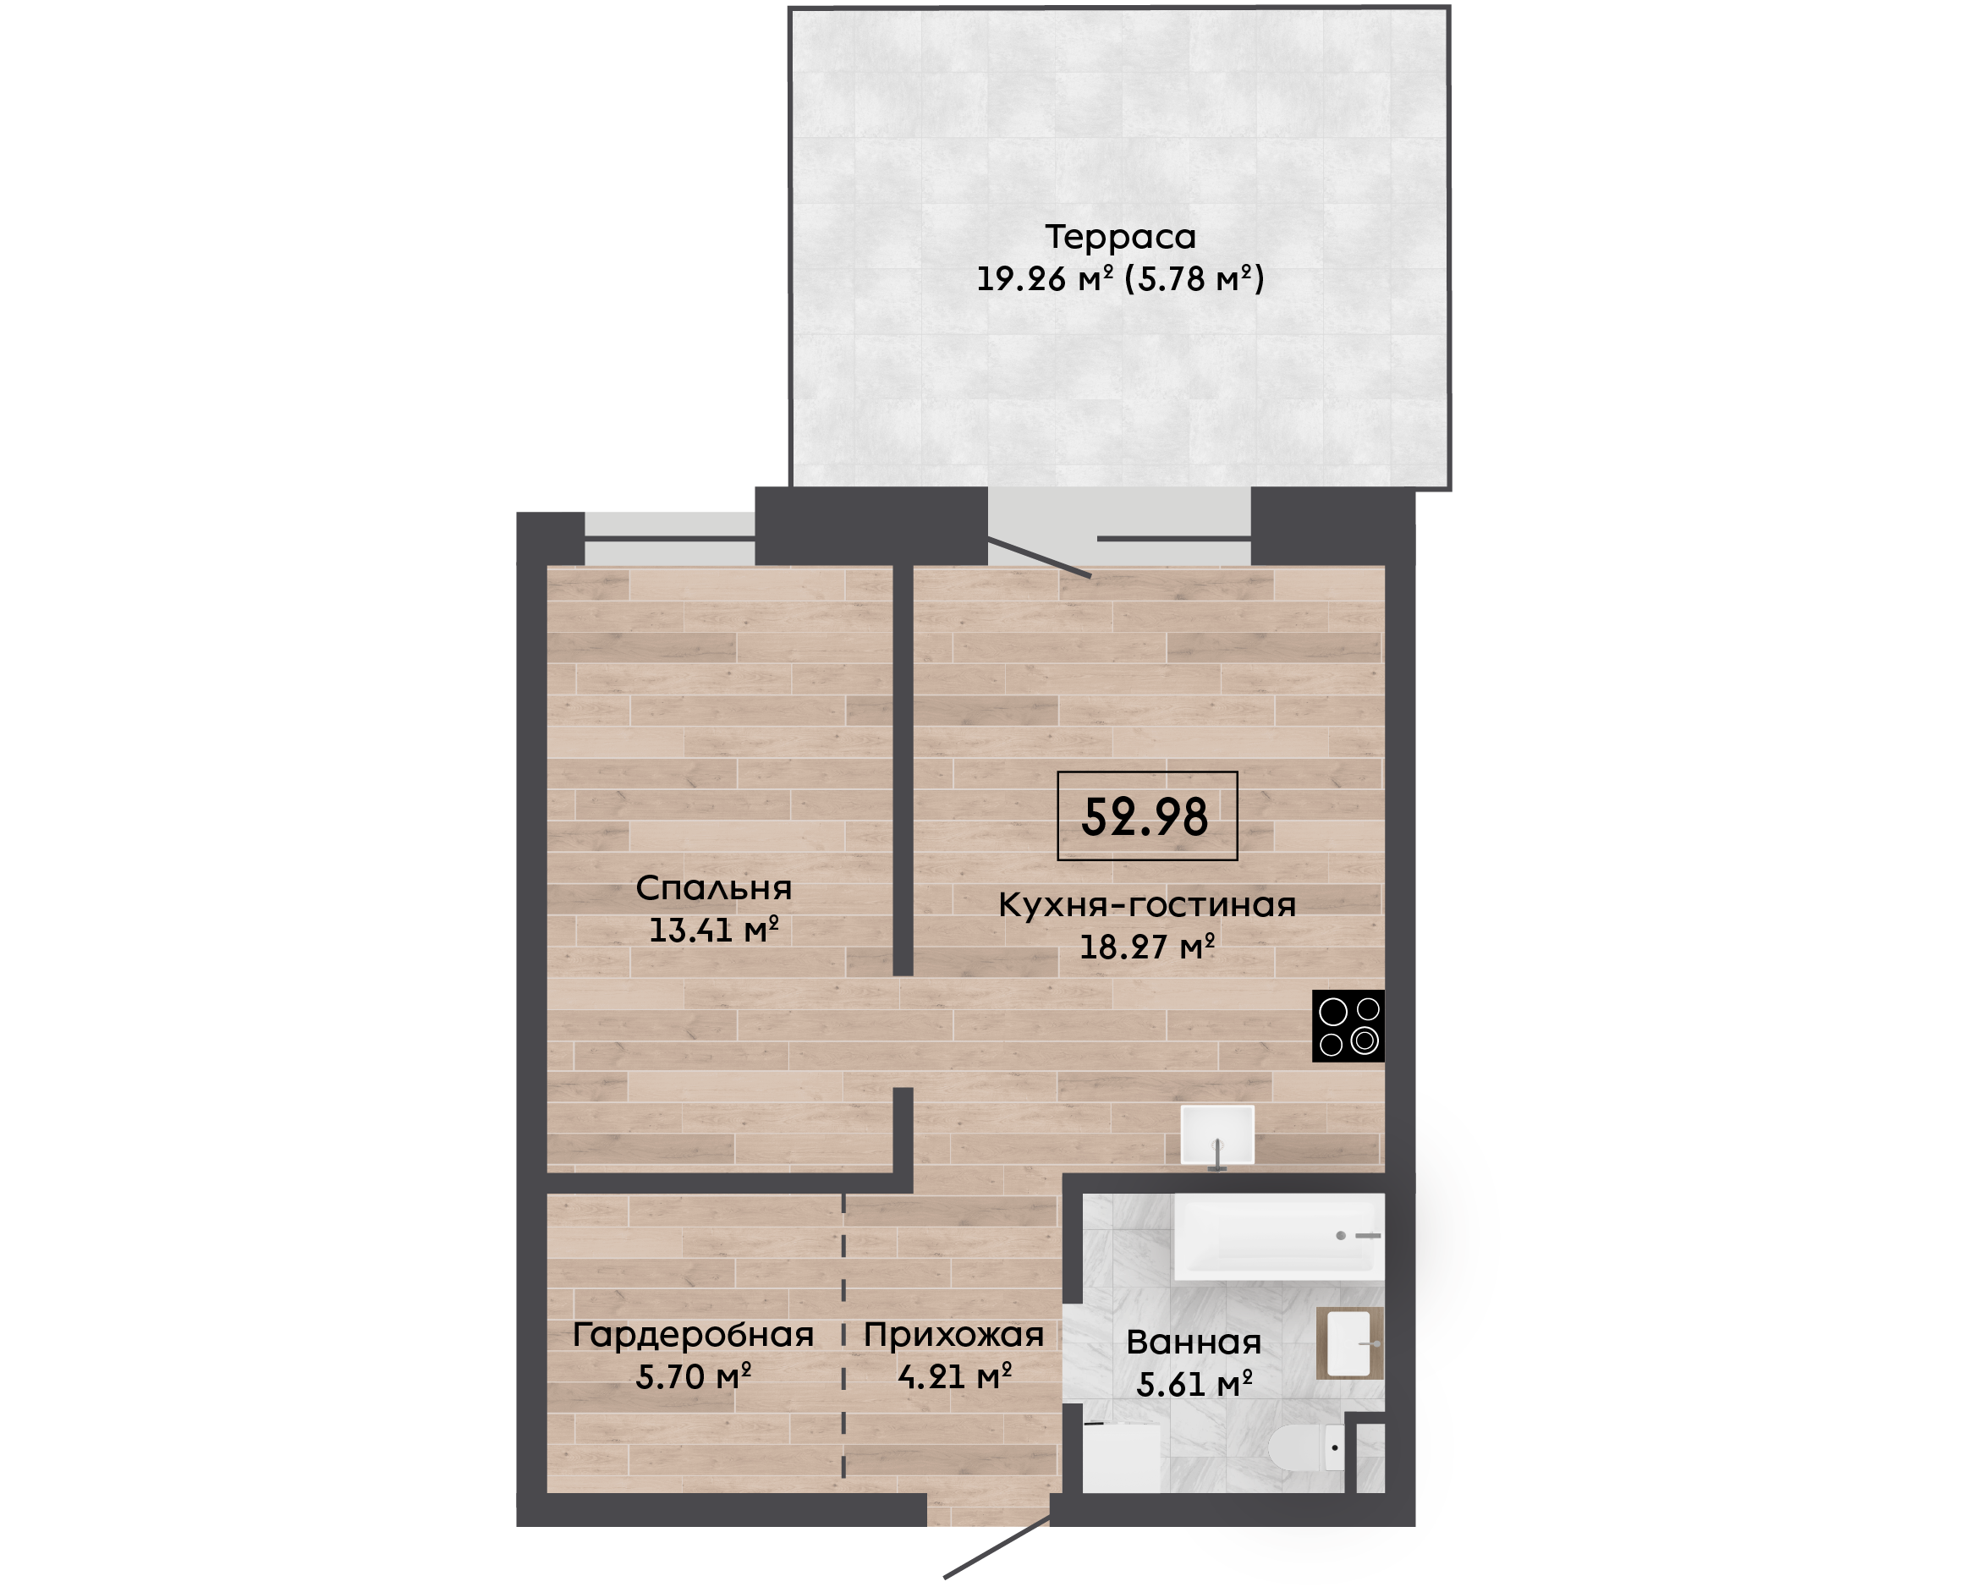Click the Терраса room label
[x=1120, y=238]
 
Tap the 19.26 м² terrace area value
[x=1045, y=279]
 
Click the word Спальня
[x=713, y=888]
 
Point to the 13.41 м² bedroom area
[x=713, y=931]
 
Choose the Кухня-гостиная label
[x=1146, y=905]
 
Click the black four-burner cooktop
[x=1348, y=1025]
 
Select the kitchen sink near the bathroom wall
[x=1217, y=1135]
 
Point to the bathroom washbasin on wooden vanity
[x=1349, y=1343]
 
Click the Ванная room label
[x=1194, y=1343]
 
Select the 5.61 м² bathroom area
[x=1194, y=1385]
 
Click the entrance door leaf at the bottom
[x=997, y=1546]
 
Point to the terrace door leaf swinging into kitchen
[x=1039, y=557]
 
